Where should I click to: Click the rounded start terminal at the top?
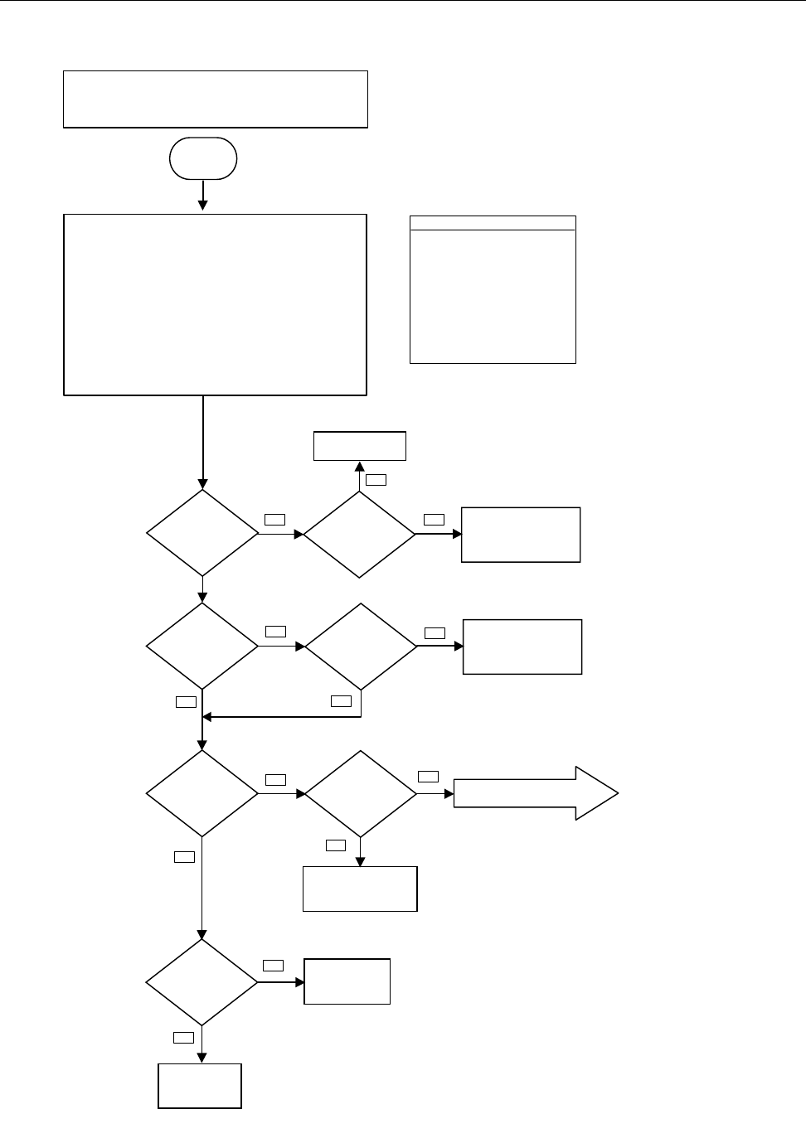[x=202, y=158]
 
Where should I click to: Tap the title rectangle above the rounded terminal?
[x=216, y=99]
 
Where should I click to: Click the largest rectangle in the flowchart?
[x=216, y=304]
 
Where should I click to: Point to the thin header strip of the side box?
[x=493, y=223]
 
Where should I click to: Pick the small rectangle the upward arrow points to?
[x=359, y=446]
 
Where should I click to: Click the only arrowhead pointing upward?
[x=359, y=467]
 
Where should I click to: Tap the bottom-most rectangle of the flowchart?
[x=200, y=1086]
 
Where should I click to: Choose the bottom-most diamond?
[x=202, y=982]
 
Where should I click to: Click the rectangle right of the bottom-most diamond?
[x=347, y=982]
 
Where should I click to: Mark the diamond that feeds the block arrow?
[x=361, y=794]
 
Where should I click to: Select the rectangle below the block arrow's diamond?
[x=360, y=889]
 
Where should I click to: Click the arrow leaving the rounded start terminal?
[x=202, y=195]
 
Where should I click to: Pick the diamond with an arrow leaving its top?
[x=359, y=535]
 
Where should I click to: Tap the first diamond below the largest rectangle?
[x=202, y=533]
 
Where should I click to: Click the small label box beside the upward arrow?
[x=376, y=479]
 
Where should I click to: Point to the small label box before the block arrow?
[x=428, y=777]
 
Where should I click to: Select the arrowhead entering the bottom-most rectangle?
[x=202, y=1058]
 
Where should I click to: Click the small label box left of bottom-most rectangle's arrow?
[x=182, y=1037]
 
